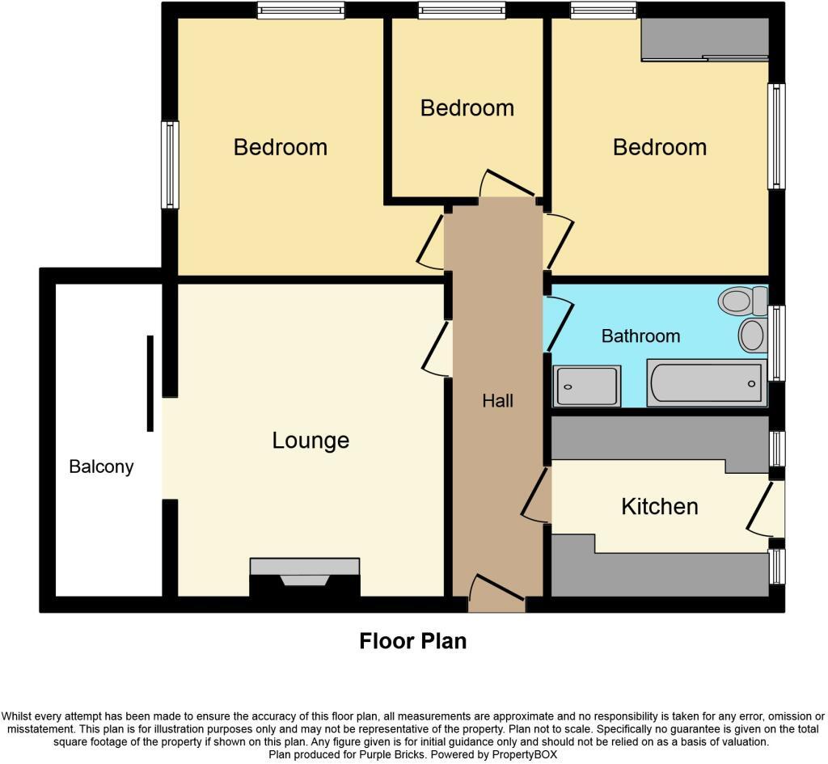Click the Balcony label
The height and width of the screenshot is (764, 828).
click(101, 466)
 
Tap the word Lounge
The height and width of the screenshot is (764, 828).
click(310, 441)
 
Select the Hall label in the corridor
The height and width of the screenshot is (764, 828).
click(497, 400)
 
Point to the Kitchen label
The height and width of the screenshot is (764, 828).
click(659, 507)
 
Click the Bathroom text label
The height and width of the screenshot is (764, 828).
click(640, 336)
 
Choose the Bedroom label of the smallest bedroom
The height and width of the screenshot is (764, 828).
click(467, 108)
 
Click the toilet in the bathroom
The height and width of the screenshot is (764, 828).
click(742, 302)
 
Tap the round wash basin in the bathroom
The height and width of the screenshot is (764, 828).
click(753, 335)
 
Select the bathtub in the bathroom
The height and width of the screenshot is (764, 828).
click(705, 383)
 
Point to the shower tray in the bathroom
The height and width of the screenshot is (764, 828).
click(587, 386)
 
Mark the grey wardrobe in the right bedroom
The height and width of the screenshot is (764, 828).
click(703, 38)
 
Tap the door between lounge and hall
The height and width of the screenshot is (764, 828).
click(437, 348)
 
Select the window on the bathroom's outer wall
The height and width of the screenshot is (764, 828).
click(777, 343)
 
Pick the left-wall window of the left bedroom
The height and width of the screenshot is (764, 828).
click(170, 165)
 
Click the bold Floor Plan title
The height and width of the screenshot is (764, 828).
click(412, 641)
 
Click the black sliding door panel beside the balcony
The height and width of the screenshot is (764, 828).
click(150, 383)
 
